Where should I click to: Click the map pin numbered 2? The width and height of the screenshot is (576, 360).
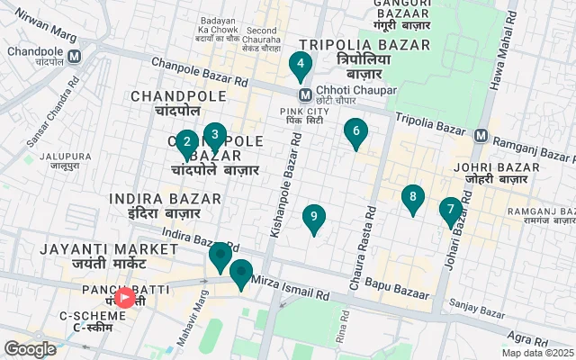[186, 142]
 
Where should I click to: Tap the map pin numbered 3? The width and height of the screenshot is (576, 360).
[214, 135]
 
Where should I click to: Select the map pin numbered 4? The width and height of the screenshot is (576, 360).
[300, 64]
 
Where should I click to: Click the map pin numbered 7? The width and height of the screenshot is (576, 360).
[451, 210]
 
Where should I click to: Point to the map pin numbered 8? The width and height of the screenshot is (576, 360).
[413, 197]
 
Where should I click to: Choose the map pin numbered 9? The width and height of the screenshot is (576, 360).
[314, 216]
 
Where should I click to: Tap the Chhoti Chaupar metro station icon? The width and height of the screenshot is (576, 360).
[306, 93]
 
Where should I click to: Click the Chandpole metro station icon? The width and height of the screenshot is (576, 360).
[75, 56]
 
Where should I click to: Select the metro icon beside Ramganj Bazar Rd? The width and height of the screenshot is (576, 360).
[481, 137]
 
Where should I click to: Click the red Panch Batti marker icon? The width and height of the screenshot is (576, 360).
[125, 296]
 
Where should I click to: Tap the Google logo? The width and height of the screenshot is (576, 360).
[30, 349]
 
